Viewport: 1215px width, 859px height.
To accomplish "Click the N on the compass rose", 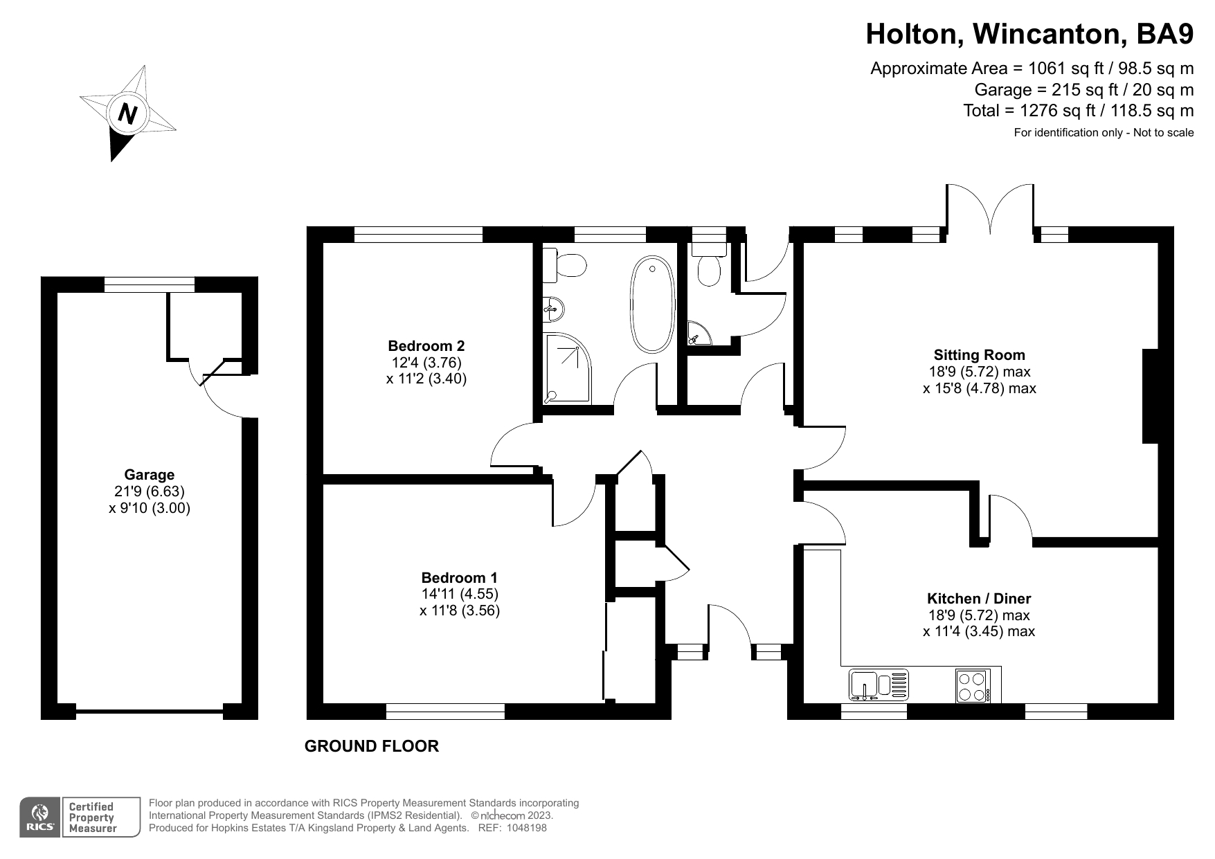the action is coord(127,112).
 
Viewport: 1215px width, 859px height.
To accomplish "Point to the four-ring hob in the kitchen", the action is coord(973,685).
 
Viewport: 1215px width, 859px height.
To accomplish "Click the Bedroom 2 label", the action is coord(426,346).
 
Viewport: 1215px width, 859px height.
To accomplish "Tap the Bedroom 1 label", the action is coord(460,577).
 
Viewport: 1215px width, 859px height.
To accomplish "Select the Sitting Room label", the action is coord(979,355).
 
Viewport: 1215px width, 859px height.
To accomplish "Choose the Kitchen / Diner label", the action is coord(979,599).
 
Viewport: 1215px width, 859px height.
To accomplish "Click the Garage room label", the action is coord(150,475).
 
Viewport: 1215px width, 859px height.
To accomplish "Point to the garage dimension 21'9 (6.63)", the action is coord(150,491).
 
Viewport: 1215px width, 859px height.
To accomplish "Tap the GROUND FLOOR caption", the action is coord(372,746).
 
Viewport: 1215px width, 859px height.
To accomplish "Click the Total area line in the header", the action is coord(1079,111).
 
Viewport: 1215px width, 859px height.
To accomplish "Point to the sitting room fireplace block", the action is coord(1150,396).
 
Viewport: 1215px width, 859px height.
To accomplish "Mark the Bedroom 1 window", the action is coord(445,712).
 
